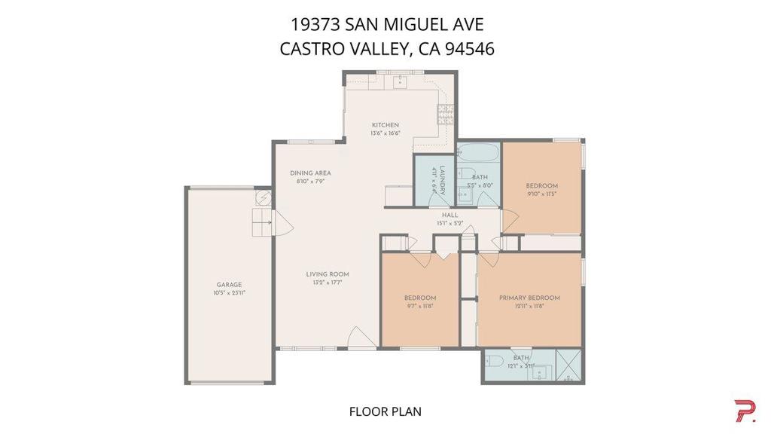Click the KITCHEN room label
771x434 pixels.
[x=385, y=125]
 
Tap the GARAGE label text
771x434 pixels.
[x=229, y=285]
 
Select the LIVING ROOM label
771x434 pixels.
[x=327, y=274]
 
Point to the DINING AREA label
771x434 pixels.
[x=310, y=173]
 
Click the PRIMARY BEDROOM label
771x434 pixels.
[x=529, y=298]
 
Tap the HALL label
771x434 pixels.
[x=450, y=215]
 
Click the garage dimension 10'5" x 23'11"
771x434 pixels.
[x=229, y=293]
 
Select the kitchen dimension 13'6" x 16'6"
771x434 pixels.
[x=385, y=133]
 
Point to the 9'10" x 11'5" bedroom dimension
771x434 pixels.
[x=541, y=194]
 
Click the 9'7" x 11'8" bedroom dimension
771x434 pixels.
[x=419, y=306]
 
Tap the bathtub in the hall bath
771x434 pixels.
[x=479, y=155]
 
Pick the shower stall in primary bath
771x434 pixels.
[x=568, y=364]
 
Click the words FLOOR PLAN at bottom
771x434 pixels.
[x=385, y=411]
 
